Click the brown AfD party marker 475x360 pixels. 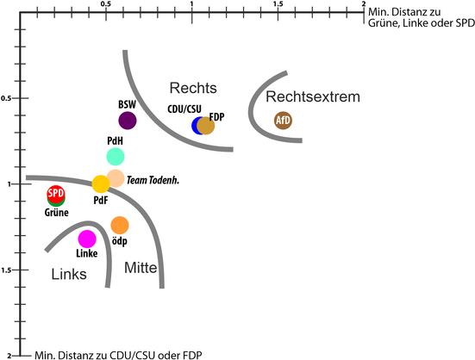point(283,121)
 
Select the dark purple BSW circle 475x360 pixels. point(128,121)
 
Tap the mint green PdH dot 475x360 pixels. point(116,157)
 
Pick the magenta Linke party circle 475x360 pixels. point(87,239)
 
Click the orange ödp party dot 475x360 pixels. point(120,226)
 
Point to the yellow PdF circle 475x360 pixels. point(101,184)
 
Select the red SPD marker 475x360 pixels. point(56,194)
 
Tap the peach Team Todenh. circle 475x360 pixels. point(116,178)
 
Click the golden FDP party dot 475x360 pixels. point(206,126)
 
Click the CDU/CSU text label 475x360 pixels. point(184,109)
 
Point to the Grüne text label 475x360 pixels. point(57,213)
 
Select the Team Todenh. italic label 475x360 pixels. point(153,180)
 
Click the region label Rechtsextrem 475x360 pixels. point(313,96)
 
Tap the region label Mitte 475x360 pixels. point(141,268)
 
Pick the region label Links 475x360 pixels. point(69,274)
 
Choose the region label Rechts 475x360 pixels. point(193,88)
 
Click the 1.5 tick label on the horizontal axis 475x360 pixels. point(278,4)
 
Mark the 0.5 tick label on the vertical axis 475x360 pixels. point(6,98)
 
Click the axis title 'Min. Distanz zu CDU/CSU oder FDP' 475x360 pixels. point(118,355)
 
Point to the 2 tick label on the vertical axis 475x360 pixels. point(9,356)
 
